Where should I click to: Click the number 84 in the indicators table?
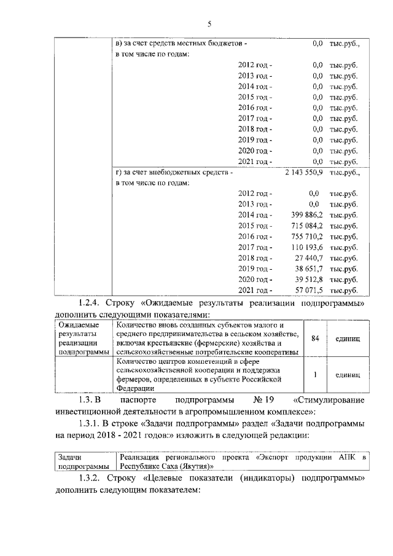tap(314, 339)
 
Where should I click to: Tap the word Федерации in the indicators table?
tap(133, 388)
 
